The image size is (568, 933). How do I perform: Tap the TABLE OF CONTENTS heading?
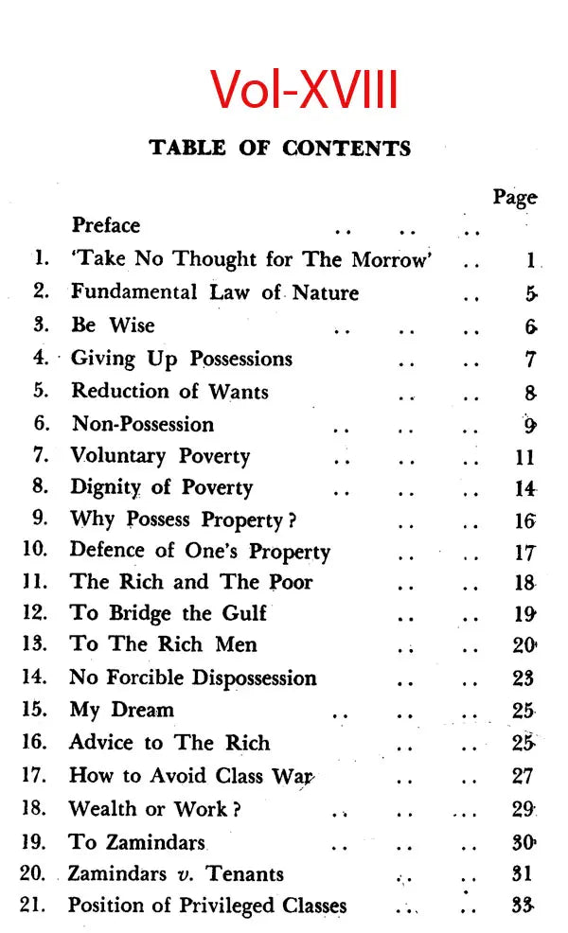coord(280,149)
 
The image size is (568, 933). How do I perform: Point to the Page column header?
coord(514,198)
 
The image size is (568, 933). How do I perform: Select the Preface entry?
coord(106,225)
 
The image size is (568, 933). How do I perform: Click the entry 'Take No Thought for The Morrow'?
coord(251,259)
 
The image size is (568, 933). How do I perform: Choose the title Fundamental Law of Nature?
coord(215,292)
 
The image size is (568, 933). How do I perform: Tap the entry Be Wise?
coord(113,326)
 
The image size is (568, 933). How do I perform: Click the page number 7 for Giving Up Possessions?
coord(531,360)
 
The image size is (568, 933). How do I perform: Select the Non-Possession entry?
coord(143,424)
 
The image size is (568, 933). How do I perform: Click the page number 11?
coord(525,457)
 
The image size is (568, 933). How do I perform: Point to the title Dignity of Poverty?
coord(162,488)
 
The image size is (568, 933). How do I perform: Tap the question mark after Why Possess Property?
coord(293,520)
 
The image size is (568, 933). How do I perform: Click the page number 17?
coord(524,553)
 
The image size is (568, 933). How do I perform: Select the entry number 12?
coord(34,612)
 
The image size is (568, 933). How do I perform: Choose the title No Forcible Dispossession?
coord(193,678)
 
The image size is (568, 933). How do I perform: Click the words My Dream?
coord(122,710)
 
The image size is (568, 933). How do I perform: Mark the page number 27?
coord(524,776)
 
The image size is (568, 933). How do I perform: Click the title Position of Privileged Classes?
coord(207,906)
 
